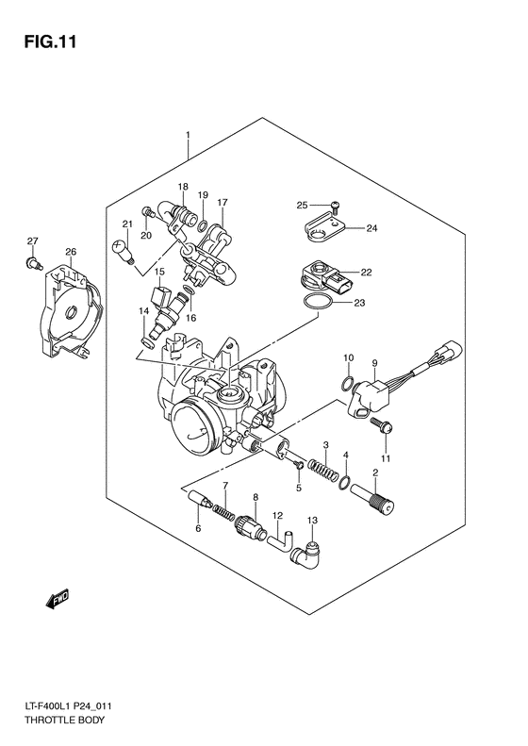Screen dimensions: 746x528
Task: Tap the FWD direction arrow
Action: click(x=59, y=598)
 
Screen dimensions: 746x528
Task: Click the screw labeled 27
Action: click(x=32, y=263)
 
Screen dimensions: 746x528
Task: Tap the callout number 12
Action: click(x=278, y=516)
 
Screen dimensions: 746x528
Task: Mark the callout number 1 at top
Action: click(x=188, y=136)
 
